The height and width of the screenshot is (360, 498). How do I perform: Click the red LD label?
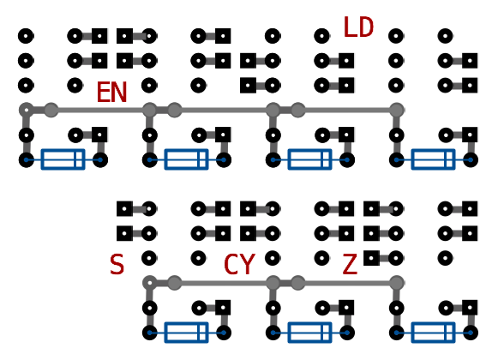click(358, 27)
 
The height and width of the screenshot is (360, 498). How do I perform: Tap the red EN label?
click(111, 93)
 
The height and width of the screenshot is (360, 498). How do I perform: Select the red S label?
click(117, 264)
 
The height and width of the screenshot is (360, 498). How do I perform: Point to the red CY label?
click(239, 264)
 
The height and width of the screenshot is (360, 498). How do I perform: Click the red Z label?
click(350, 264)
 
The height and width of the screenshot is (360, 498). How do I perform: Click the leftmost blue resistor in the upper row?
click(63, 159)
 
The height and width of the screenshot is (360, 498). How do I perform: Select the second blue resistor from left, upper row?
click(187, 159)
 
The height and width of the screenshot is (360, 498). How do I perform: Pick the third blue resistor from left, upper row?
click(310, 159)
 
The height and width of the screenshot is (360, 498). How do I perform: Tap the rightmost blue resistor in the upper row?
click(433, 159)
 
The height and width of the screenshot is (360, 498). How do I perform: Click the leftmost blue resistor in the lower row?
click(187, 333)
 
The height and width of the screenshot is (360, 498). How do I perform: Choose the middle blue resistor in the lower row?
click(310, 333)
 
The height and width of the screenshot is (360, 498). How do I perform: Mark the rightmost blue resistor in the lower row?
click(433, 333)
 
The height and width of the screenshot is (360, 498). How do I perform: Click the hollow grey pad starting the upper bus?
click(23, 111)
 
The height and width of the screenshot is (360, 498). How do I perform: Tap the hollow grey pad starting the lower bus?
click(147, 283)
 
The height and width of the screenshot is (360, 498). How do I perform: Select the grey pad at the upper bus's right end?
click(396, 111)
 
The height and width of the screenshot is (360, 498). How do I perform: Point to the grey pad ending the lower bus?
click(396, 283)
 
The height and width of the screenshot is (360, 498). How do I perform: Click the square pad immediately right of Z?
click(372, 258)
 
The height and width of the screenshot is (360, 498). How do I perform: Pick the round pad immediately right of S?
click(149, 258)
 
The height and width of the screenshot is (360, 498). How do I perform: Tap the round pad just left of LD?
click(321, 36)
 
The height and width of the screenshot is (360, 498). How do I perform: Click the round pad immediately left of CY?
click(199, 258)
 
